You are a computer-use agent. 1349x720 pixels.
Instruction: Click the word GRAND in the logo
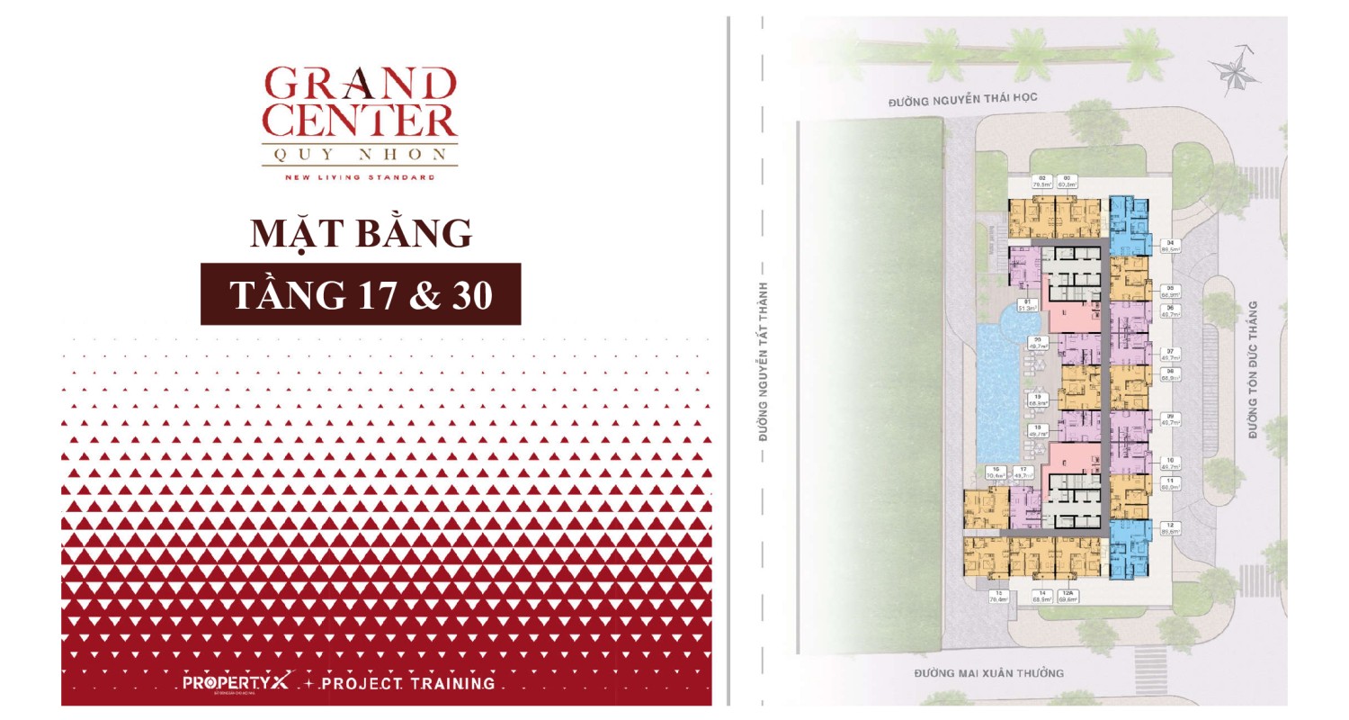pos(360,84)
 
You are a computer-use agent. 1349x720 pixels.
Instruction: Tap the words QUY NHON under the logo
pos(360,154)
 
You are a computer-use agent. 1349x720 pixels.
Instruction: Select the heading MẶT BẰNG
pos(361,233)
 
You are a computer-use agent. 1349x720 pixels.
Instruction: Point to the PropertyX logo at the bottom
pos(224,683)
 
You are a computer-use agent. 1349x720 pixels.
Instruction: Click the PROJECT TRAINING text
pos(407,683)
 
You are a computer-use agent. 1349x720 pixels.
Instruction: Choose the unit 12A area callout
pos(1068,596)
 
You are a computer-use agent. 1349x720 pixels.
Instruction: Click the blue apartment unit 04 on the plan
pos(1129,225)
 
